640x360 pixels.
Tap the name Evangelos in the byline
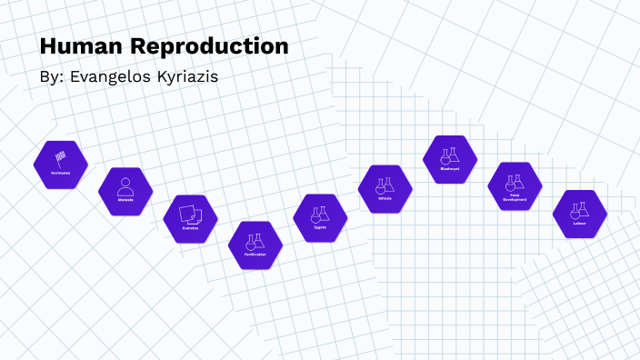coord(109,77)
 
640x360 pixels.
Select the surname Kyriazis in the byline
coord(185,77)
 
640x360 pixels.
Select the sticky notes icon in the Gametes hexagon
coord(191,213)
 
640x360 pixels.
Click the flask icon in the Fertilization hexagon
coord(255,240)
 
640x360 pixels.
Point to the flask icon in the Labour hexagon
coord(579,210)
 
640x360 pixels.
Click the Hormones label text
coord(61,171)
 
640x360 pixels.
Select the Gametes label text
coord(191,227)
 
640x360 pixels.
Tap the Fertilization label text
coord(255,255)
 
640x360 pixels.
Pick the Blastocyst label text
coord(450,169)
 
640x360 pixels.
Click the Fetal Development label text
coord(515,197)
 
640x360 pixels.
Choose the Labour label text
coord(579,224)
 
